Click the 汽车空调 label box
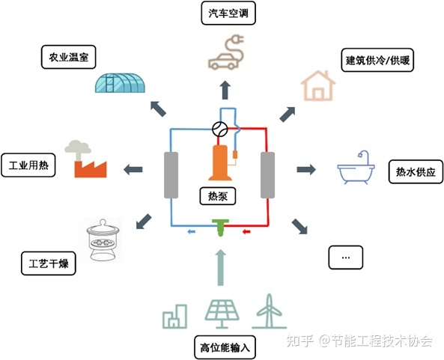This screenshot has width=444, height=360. [x=228, y=13]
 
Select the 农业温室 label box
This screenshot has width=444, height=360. [x=69, y=57]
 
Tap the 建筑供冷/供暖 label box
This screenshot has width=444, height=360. [x=377, y=60]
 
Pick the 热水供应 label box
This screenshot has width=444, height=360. [x=416, y=172]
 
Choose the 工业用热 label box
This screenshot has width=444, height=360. [x=28, y=165]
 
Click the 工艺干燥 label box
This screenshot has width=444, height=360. [x=49, y=263]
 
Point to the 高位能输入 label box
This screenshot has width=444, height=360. [x=225, y=347]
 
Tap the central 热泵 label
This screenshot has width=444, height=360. [x=218, y=196]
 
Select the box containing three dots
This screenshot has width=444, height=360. [x=345, y=257]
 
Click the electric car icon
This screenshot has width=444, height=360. [x=225, y=53]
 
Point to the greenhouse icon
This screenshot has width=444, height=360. [x=120, y=82]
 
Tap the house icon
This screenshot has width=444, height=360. [x=318, y=86]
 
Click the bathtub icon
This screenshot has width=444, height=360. [x=356, y=168]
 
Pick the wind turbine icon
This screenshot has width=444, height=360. [x=269, y=311]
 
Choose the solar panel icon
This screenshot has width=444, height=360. [x=222, y=314]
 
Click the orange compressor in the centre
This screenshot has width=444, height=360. [x=220, y=162]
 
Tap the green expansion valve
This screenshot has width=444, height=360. [x=221, y=228]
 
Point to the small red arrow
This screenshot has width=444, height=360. [x=246, y=232]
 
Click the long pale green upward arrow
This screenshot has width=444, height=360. [x=221, y=267]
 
